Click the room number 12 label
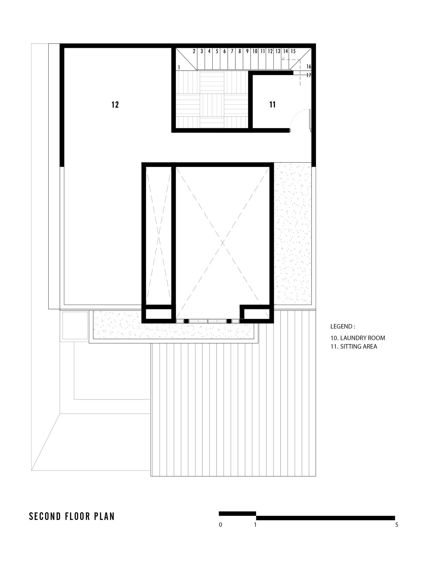pos(115,105)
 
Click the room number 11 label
pos(272,105)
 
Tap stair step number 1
pos(179,68)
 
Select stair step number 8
pos(240,51)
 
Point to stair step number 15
pos(293,51)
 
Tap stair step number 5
pos(217,51)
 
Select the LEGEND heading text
pos(343,326)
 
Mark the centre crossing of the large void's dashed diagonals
pos(223,243)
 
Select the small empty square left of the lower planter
pos(75,325)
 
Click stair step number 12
pos(270,51)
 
